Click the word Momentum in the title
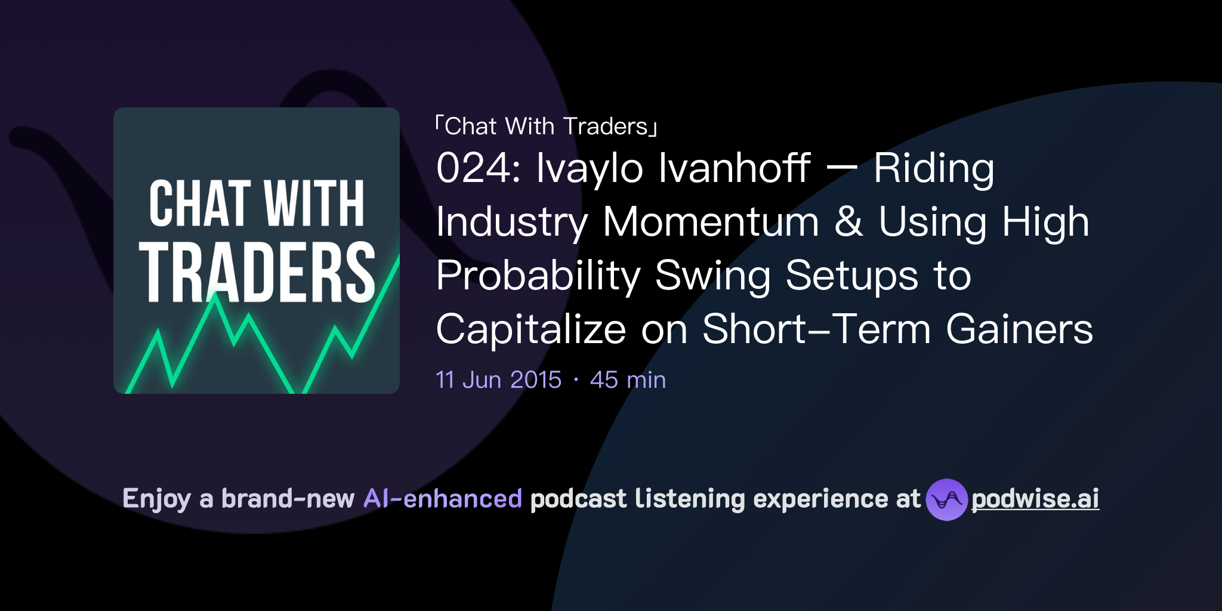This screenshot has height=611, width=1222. [711, 222]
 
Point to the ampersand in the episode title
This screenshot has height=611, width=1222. [848, 222]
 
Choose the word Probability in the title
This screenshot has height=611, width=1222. [538, 276]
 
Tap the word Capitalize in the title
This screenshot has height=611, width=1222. [530, 329]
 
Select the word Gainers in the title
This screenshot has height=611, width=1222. [1019, 329]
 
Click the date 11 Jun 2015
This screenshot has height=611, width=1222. [499, 380]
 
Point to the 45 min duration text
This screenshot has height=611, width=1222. [628, 380]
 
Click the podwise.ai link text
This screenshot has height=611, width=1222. [1035, 499]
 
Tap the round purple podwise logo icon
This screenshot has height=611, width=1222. [946, 499]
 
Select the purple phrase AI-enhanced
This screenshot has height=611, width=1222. [443, 499]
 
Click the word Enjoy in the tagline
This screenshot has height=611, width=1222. [156, 499]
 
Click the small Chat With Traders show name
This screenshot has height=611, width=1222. [546, 126]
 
